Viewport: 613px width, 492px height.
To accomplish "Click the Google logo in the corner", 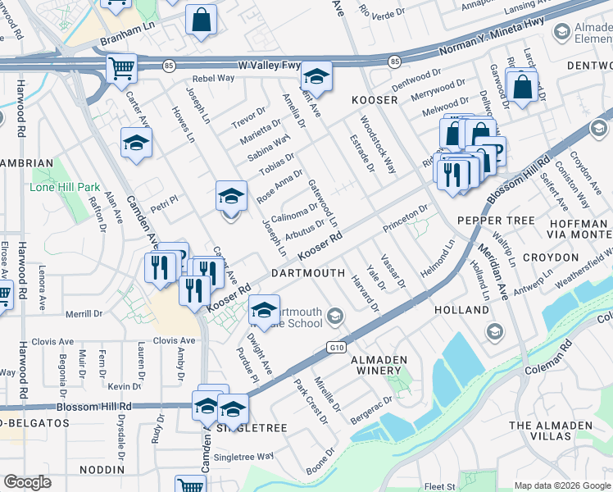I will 27,482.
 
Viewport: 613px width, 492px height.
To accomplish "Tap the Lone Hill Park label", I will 64,187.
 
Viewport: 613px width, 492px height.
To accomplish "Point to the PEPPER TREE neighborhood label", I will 496,221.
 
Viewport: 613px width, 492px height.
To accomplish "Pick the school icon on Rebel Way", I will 316,77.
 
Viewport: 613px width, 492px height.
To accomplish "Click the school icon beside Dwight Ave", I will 263,310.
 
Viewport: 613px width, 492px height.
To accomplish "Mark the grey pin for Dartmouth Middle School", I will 334,315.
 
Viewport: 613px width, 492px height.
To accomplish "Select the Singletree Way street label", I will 243,456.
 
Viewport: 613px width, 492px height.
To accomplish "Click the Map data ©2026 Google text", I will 561,485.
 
